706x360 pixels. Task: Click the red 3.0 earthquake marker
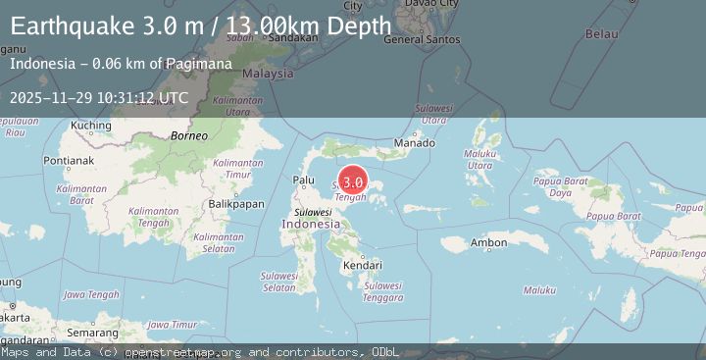[x=353, y=181]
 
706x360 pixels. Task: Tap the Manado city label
[x=413, y=144]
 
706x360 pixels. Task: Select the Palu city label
[x=304, y=180]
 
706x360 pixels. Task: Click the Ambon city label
[x=488, y=242]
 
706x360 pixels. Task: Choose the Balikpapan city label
[x=236, y=204]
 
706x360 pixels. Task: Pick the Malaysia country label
[x=268, y=74]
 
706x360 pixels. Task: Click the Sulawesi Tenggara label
[x=382, y=291]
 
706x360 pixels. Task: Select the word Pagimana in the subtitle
[x=199, y=64]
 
